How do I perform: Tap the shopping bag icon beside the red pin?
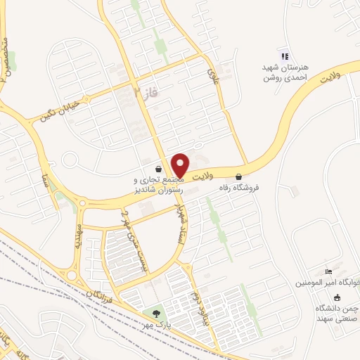click(x=160, y=169)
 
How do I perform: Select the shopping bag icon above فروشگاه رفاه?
click(x=240, y=176)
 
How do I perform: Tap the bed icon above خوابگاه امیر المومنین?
click(x=328, y=271)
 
